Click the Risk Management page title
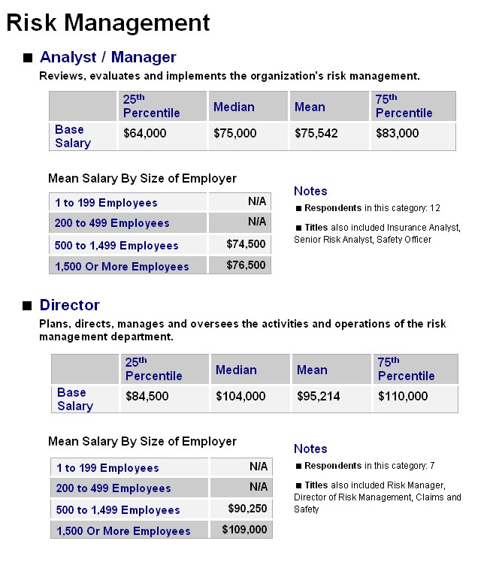pyautogui.click(x=108, y=23)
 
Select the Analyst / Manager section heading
pyautogui.click(x=108, y=57)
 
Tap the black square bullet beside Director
pyautogui.click(x=27, y=306)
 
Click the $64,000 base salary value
pyautogui.click(x=145, y=133)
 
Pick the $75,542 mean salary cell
pyautogui.click(x=316, y=133)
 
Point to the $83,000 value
pyautogui.click(x=398, y=133)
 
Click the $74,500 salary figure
pyautogui.click(x=246, y=244)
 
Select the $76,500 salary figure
pyautogui.click(x=246, y=265)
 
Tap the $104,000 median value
pyautogui.click(x=240, y=396)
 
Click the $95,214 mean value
pyautogui.click(x=319, y=396)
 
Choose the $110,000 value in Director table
pyautogui.click(x=403, y=396)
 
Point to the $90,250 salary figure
pyautogui.click(x=247, y=509)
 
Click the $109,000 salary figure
pyautogui.click(x=244, y=530)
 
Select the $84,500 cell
pyautogui.click(x=147, y=396)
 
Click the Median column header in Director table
pyautogui.click(x=236, y=370)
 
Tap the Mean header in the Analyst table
pyautogui.click(x=310, y=107)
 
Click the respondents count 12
pyautogui.click(x=435, y=208)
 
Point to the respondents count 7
pyautogui.click(x=433, y=466)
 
